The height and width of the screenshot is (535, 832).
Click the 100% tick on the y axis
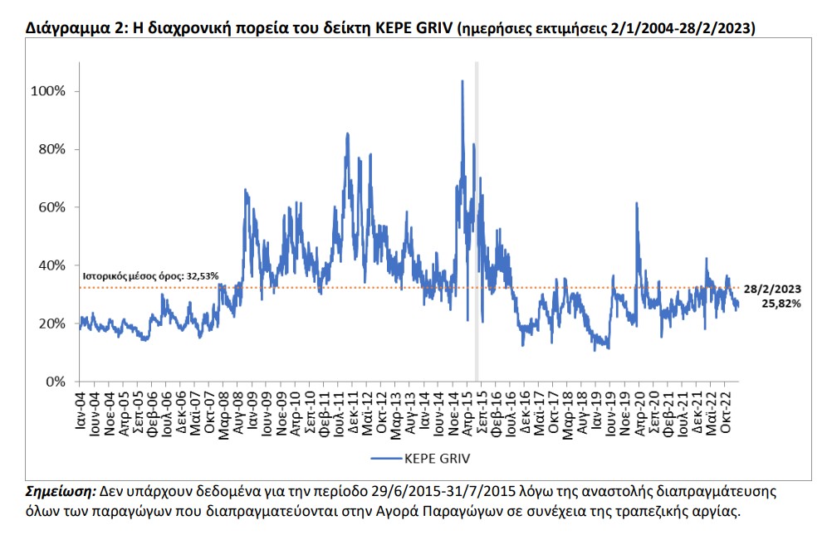[47, 91]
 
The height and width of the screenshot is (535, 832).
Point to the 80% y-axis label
[51, 149]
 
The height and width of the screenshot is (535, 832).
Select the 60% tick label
[51, 207]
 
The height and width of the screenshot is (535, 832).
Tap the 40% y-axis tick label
[51, 265]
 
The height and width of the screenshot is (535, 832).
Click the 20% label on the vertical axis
[51, 323]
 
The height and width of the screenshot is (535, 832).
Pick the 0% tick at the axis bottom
[54, 382]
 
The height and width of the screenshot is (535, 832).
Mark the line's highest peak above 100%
[462, 81]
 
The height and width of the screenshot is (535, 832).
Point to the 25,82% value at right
[781, 304]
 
